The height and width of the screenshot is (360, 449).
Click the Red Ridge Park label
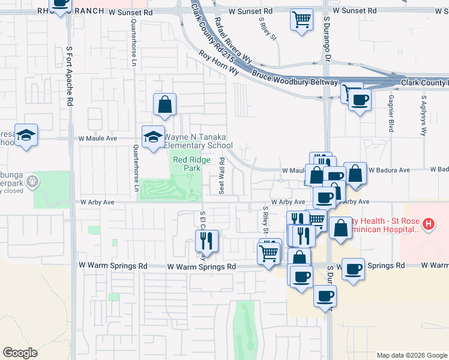(x=187, y=164)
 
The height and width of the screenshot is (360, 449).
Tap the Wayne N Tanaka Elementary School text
(x=198, y=141)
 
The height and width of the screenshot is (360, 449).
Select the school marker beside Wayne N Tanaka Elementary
(x=153, y=136)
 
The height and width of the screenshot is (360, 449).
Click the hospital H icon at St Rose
(x=428, y=225)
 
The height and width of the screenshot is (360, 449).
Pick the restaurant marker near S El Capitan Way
(x=206, y=241)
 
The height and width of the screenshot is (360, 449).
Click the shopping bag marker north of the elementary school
(x=164, y=104)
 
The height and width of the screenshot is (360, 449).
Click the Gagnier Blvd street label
(x=391, y=113)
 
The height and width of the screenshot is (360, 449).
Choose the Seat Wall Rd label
(x=222, y=176)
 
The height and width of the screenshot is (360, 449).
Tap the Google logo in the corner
(x=20, y=352)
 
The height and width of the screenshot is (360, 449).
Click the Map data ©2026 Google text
(x=412, y=355)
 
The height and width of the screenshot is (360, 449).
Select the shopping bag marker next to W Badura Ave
(x=355, y=173)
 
